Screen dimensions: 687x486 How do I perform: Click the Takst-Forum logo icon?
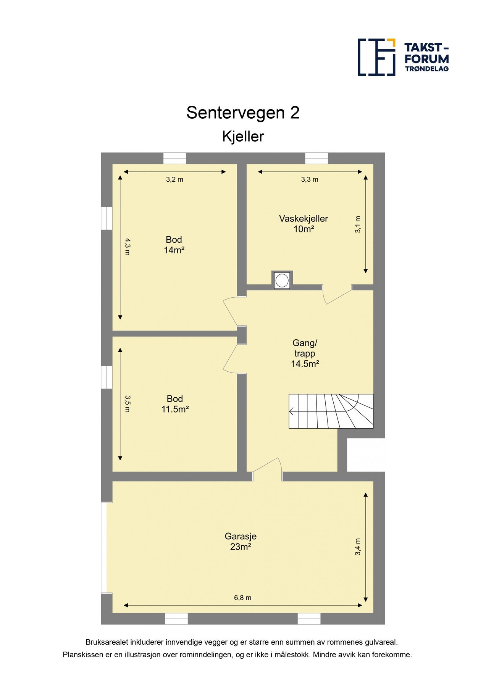coord(376,57)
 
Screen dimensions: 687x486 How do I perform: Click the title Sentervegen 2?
coord(243,113)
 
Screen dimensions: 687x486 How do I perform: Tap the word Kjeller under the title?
coord(243,137)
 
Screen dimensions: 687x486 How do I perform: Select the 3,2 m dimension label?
coord(174,179)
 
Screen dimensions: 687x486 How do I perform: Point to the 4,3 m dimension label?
coord(128,247)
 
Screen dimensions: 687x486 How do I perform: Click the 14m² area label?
coord(174,250)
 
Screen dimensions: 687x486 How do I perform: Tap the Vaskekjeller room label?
coord(303,219)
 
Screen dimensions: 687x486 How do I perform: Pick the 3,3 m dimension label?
coord(310,179)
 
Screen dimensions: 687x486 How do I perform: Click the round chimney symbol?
coord(282,280)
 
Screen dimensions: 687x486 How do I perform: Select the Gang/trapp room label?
coord(305,348)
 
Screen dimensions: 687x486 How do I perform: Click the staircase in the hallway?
coord(331,411)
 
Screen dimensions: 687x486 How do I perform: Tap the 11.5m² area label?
coord(175,409)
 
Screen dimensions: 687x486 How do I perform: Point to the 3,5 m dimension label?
coord(128,404)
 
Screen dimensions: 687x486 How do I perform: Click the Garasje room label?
coord(241,536)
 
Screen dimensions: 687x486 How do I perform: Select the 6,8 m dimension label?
coord(243,598)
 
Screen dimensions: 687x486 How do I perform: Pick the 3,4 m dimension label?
coord(358,547)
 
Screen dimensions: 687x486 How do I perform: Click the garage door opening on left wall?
coord(103,548)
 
